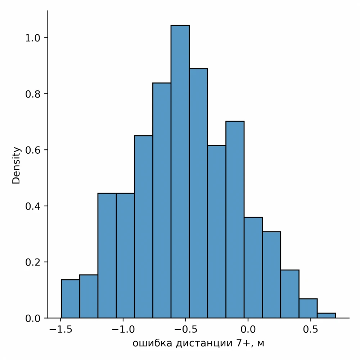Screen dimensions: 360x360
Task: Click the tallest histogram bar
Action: pyautogui.click(x=180, y=173)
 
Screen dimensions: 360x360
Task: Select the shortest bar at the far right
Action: pyautogui.click(x=326, y=316)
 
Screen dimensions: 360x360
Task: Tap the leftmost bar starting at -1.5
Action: pyautogui.click(x=70, y=299)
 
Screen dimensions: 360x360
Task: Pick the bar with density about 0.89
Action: pyautogui.click(x=198, y=194)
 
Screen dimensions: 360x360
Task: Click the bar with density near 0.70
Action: pyautogui.click(x=235, y=220)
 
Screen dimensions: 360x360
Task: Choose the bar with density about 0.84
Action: pyautogui.click(x=162, y=202)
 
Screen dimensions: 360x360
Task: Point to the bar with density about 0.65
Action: pyautogui.click(x=143, y=227)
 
